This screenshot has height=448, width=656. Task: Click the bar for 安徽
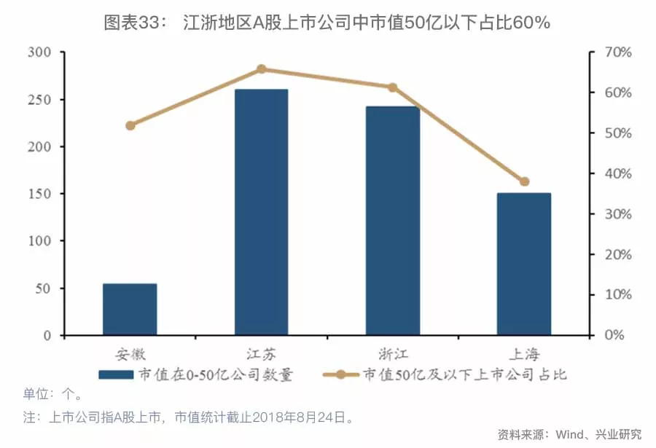coord(130,310)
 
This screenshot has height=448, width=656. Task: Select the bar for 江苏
coord(261,212)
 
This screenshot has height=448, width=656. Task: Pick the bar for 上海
coord(523,264)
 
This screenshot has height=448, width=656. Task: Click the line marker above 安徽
coord(130,125)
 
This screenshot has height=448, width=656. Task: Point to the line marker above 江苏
coord(261,69)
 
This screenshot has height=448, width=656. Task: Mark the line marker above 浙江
coord(392,87)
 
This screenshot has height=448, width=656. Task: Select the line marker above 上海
coord(524,181)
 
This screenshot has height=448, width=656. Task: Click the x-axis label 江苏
coord(261,355)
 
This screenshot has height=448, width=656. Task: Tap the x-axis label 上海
coord(523,355)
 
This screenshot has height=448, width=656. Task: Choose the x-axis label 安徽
coord(130,355)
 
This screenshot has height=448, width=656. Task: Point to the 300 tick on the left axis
coord(39,52)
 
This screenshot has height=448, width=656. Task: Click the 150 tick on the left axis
coord(39,194)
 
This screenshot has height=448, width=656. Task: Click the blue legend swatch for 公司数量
coord(115,375)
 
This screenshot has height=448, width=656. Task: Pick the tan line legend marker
coord(340,375)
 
